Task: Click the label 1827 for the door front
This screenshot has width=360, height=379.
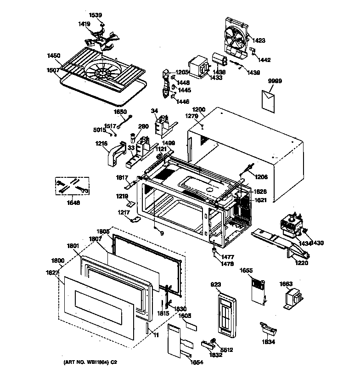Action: [52, 273]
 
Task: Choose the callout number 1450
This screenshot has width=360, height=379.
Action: [54, 56]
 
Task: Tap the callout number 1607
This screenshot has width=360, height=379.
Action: [53, 70]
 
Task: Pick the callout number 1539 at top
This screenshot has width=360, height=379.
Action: [96, 15]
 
